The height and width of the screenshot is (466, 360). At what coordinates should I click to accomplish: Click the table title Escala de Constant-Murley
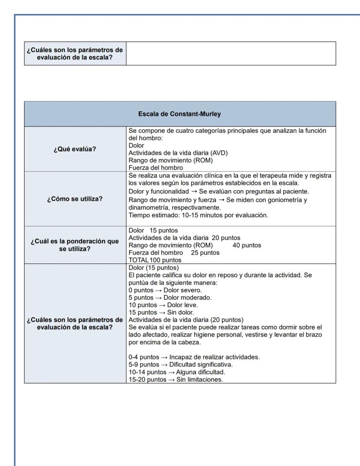[180, 114]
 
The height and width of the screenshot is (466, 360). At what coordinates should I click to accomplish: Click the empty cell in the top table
[231, 53]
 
